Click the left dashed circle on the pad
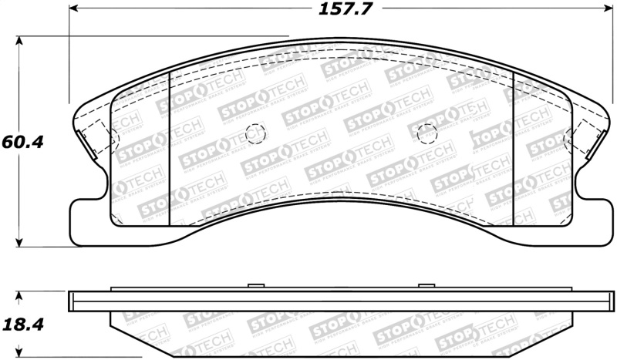[252, 134]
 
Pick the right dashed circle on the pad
[427, 134]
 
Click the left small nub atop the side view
[251, 287]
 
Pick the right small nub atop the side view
[427, 287]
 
